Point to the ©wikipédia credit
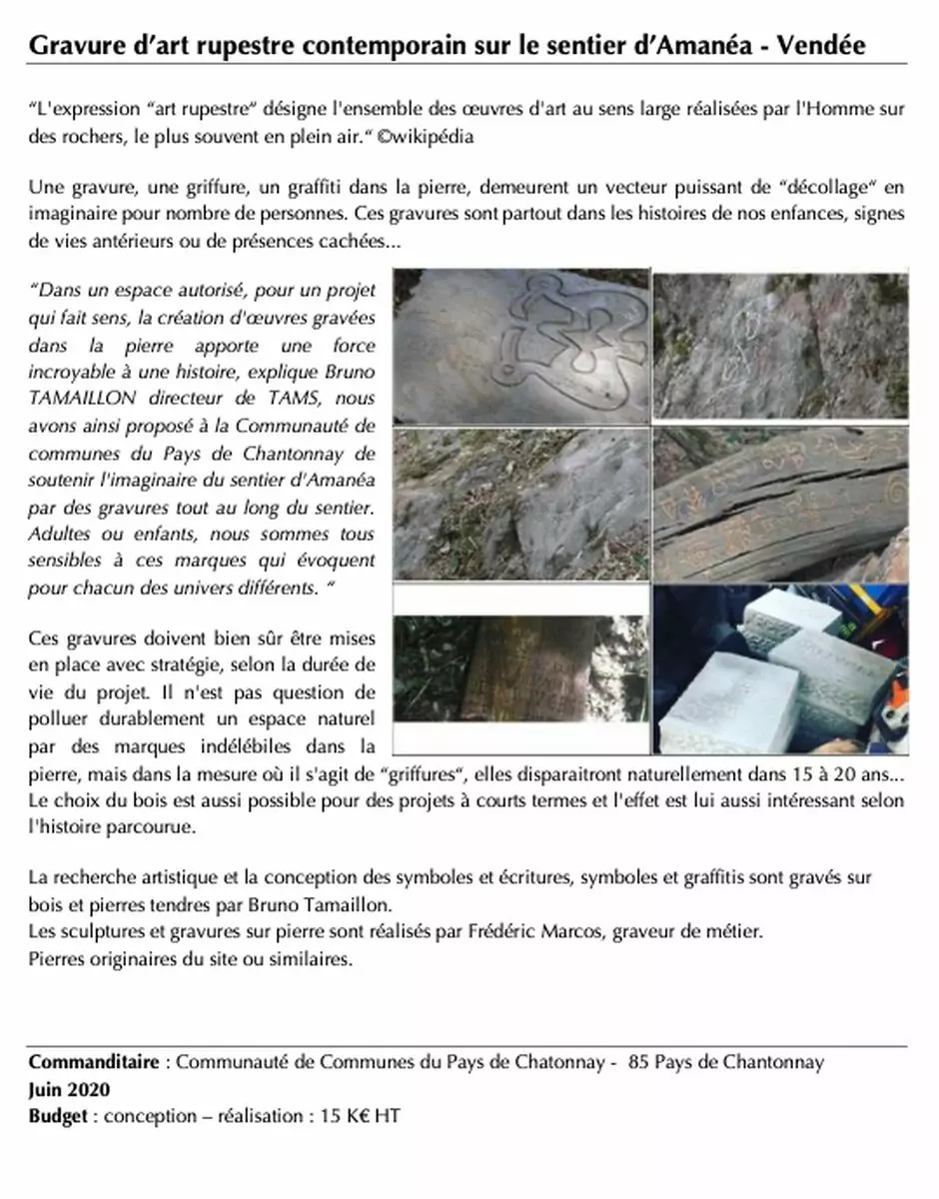pyautogui.click(x=425, y=137)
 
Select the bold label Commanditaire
pyautogui.click(x=93, y=1062)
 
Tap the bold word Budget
pyautogui.click(x=57, y=1116)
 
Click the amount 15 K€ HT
pyautogui.click(x=360, y=1116)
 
